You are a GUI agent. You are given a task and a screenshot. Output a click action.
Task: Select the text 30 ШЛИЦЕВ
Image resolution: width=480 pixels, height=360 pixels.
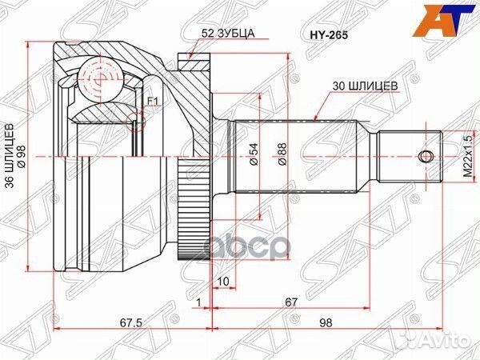pos(365,83)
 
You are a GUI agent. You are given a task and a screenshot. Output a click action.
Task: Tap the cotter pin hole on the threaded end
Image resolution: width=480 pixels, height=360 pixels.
pos(422,154)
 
